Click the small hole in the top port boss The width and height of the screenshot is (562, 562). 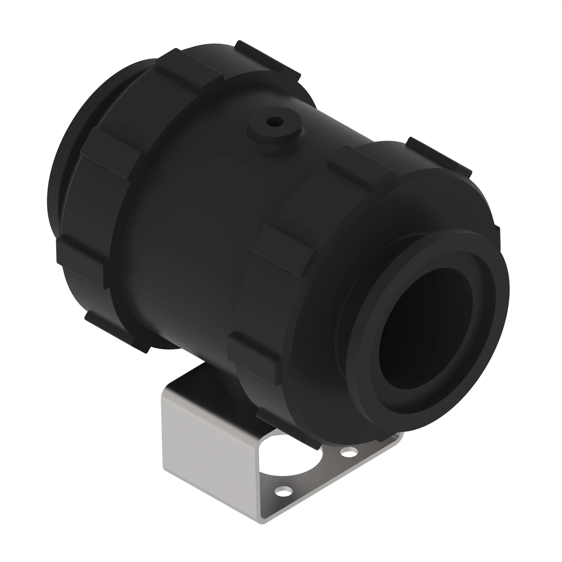point(275,121)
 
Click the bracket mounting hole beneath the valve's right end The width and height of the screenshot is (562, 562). point(349,452)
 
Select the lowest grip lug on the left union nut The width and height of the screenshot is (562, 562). point(116,332)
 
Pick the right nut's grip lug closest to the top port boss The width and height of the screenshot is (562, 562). point(361,164)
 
